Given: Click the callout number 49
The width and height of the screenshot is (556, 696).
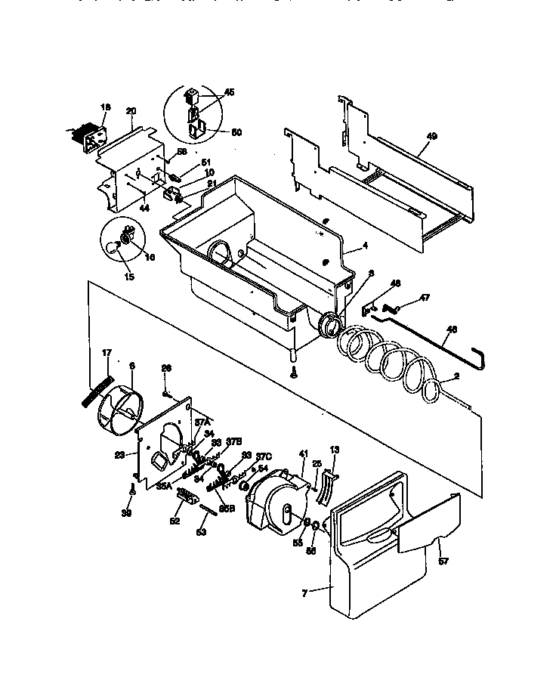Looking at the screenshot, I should (431, 136).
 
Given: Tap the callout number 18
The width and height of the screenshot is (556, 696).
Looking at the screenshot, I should (105, 107).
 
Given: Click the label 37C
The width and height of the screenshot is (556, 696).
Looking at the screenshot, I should (262, 456).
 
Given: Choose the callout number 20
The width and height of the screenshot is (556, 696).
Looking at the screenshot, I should (131, 110).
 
